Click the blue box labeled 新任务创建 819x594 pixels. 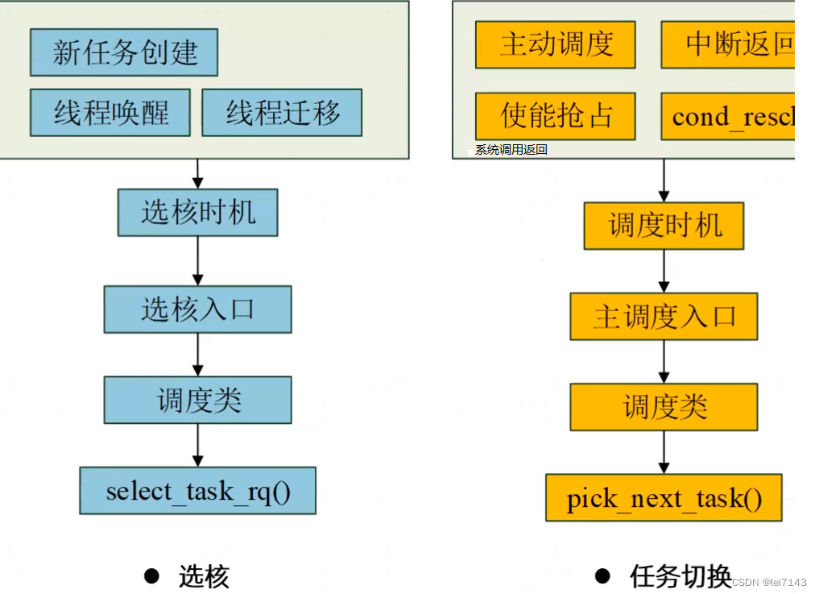coord(124,52)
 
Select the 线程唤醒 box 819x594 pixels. coord(110,112)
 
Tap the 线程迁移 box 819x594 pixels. coord(282,112)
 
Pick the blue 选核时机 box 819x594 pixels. coord(197,213)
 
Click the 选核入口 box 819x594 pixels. coord(197,309)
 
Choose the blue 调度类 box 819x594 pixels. coord(197,400)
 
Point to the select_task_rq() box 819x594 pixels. coord(197,490)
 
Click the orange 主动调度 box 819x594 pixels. coord(555,44)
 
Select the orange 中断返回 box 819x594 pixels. coord(727,44)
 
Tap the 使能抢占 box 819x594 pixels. coord(555,116)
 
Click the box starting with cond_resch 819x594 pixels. coord(727,116)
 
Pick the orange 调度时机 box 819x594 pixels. coord(664,226)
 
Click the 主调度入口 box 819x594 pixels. coord(664,316)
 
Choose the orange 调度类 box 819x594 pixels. coord(664,406)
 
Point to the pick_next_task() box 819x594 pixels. coord(664,498)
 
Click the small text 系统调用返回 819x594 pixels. coord(511,150)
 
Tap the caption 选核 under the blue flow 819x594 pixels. coord(204,576)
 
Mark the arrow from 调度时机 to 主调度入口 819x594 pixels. coord(664,271)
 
